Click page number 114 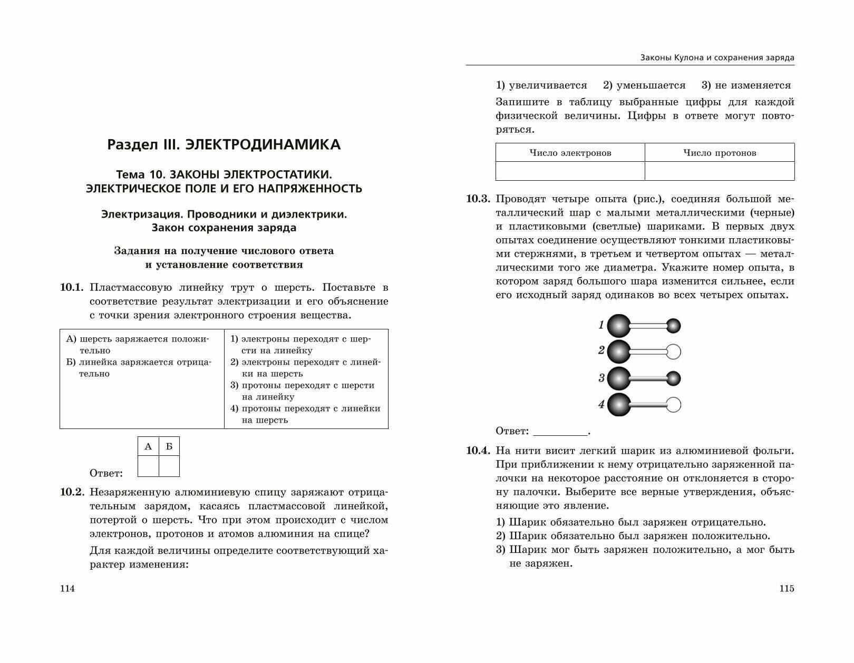point(67,589)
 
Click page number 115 point(787,589)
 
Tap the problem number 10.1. point(72,287)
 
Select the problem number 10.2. point(72,492)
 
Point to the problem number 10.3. point(478,199)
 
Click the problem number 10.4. point(478,451)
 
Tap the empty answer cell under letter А point(148,466)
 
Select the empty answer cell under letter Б point(169,466)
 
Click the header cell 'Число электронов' point(570,153)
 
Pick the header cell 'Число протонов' point(720,153)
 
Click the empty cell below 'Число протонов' point(720,171)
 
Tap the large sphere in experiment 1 point(619,326)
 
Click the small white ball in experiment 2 point(674,352)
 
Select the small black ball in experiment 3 point(674,378)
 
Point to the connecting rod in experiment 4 point(648,405)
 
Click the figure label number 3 point(601,378)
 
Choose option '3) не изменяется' point(746,85)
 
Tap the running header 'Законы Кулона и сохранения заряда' point(717,57)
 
